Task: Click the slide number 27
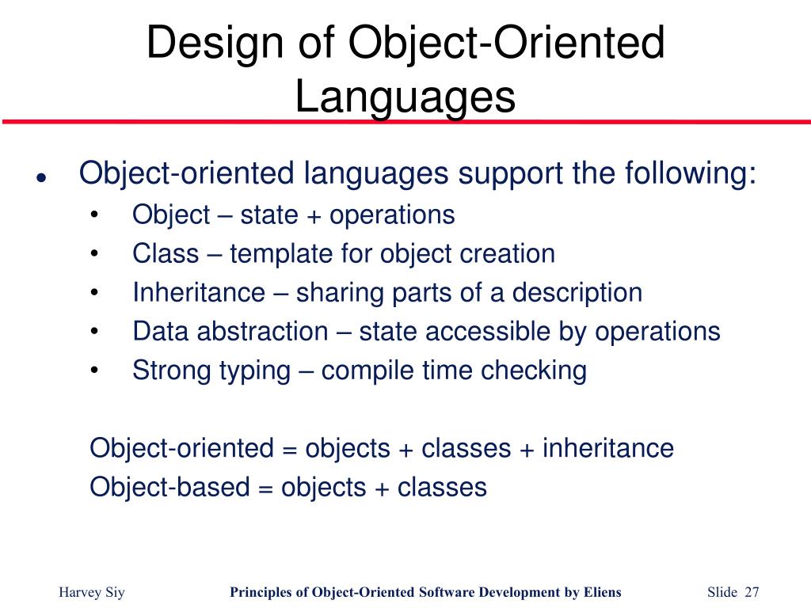click(752, 593)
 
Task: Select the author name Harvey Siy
click(92, 593)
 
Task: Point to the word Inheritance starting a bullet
click(199, 293)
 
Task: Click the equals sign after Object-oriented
click(288, 449)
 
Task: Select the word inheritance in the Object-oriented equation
click(607, 448)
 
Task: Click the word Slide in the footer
click(722, 593)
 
